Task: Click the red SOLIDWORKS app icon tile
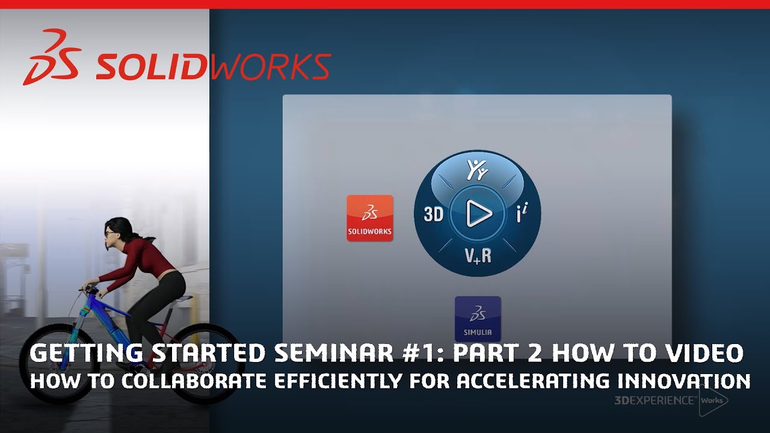369,218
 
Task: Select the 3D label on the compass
433,215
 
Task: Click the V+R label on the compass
478,256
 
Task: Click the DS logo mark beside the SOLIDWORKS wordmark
51,58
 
